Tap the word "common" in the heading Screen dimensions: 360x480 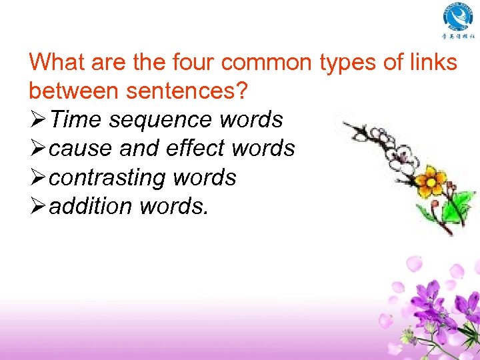click(266, 63)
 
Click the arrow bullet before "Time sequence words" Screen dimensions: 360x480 click(39, 120)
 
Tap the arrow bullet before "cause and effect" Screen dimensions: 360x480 click(39, 149)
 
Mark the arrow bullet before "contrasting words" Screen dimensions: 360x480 click(39, 177)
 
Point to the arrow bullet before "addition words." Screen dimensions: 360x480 click(39, 206)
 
